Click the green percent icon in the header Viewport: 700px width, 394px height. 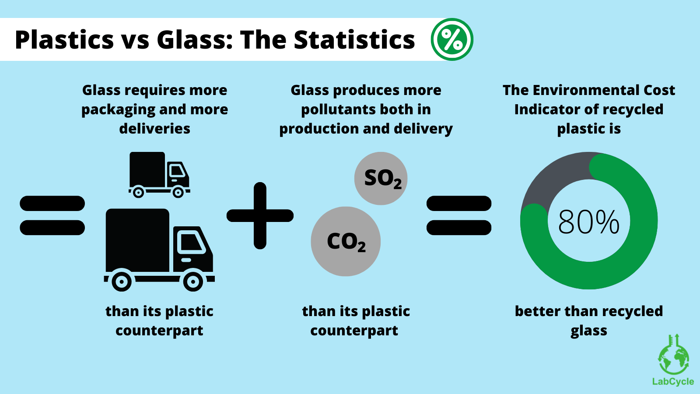point(452,39)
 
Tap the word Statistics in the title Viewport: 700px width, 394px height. point(354,40)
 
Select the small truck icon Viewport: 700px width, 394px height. point(159,174)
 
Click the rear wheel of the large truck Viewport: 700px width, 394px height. point(122,281)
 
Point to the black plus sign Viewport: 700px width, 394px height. point(260,215)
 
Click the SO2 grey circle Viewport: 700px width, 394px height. point(381,178)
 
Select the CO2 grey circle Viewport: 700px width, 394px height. point(346,241)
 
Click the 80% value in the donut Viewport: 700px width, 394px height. point(588,222)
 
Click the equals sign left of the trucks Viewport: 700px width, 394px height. point(52,215)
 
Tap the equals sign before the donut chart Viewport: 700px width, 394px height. point(459,215)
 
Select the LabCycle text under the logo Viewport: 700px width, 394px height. point(673,381)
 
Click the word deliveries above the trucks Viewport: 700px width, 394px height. point(154,129)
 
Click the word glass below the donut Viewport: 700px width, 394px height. point(588,331)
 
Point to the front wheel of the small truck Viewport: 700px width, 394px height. point(178,192)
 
